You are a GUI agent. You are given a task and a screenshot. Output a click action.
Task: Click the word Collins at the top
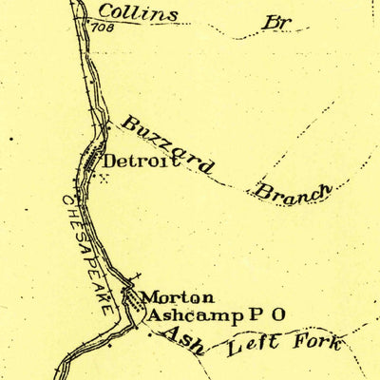[138, 13]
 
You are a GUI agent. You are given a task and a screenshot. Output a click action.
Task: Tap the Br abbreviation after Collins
[275, 22]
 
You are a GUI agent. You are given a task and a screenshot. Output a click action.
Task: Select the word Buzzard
[167, 145]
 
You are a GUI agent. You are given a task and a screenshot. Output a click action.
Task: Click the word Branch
[293, 189]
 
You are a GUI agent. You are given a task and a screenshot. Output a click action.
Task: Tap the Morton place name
[179, 298]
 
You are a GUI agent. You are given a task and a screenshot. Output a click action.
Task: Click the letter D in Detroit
[109, 162]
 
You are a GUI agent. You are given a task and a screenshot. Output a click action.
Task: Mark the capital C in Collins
[105, 12]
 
